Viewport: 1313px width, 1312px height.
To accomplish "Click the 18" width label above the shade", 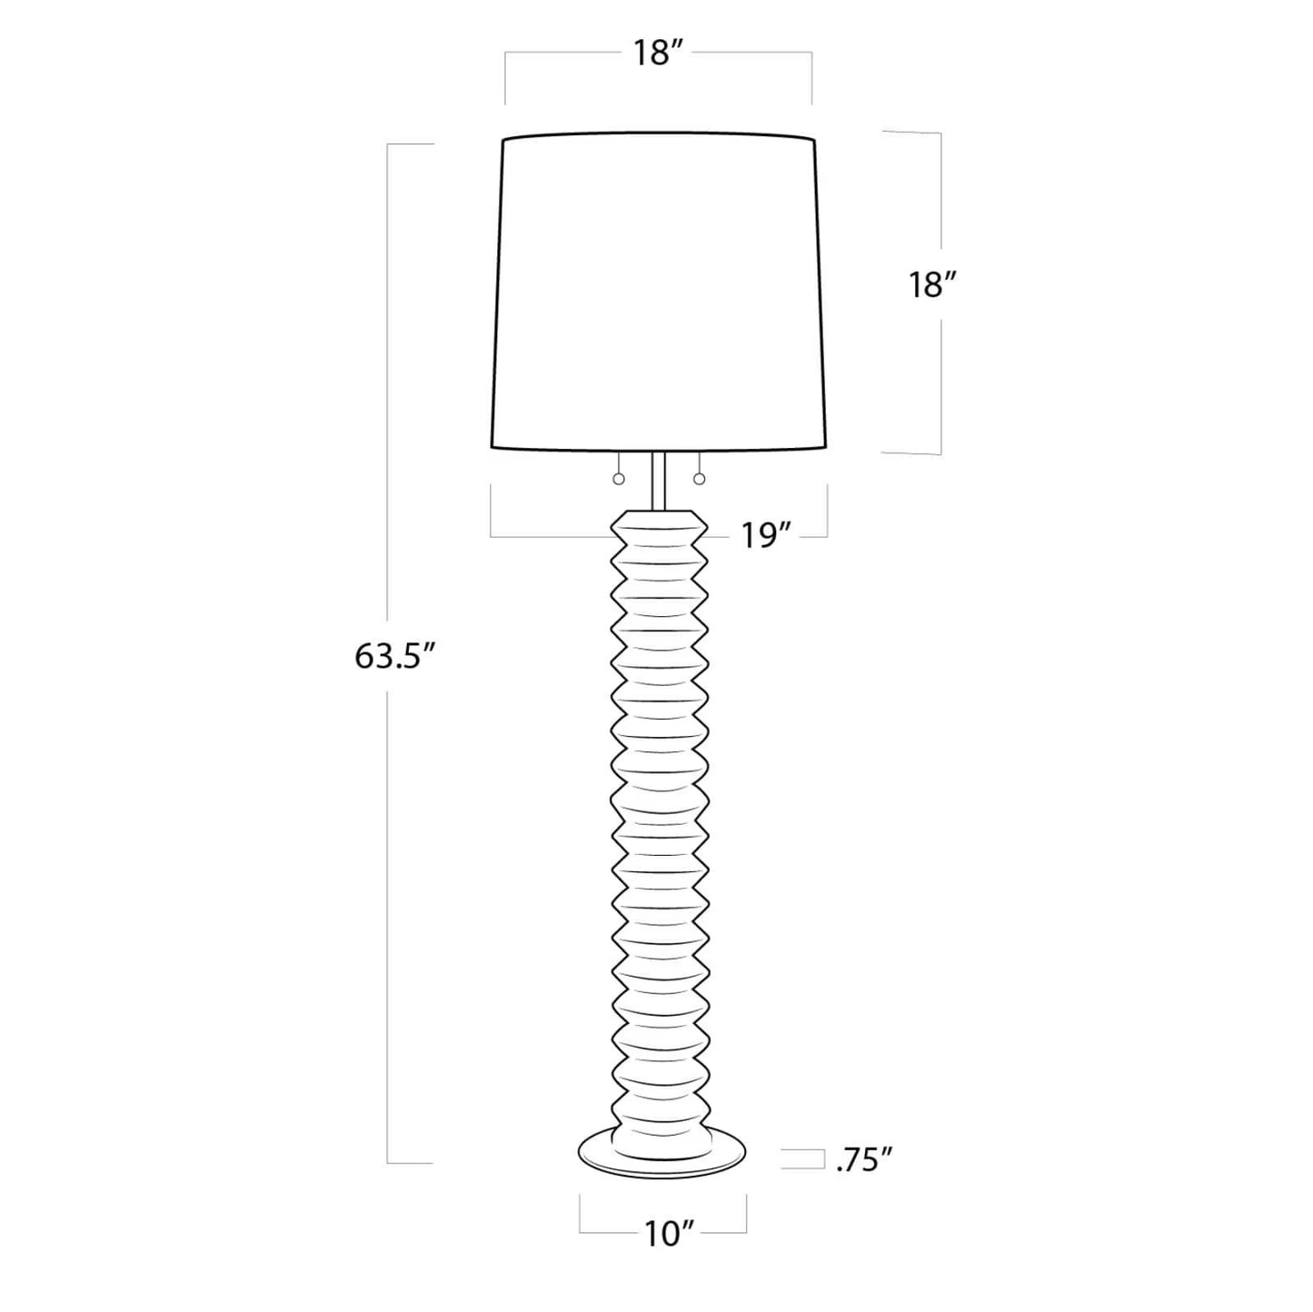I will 658,54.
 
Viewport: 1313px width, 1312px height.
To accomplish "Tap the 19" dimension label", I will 761,537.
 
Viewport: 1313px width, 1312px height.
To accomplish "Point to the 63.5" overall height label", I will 388,656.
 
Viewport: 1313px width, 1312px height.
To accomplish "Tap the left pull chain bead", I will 619,479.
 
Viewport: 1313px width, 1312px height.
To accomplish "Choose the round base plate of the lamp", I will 661,1156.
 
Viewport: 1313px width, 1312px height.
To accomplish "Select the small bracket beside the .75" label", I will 800,1159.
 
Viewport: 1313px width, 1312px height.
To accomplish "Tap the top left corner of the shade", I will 504,141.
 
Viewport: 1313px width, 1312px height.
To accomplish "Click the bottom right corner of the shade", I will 831,447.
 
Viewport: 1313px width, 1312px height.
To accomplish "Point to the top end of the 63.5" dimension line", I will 389,144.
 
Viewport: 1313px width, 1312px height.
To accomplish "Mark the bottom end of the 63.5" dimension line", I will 389,1162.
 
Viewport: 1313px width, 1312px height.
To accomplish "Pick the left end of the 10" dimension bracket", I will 581,1218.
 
